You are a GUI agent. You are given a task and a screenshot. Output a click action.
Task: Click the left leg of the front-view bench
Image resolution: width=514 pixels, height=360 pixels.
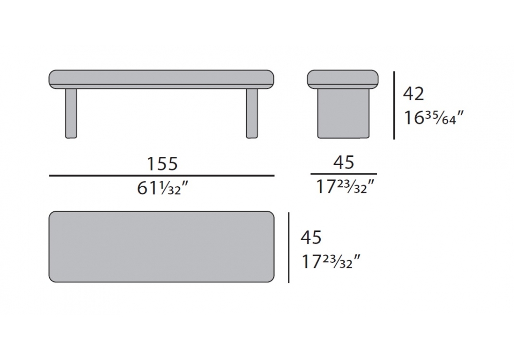coord(71,114)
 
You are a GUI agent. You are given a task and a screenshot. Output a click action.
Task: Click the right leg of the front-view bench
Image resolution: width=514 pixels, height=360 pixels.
coord(252,114)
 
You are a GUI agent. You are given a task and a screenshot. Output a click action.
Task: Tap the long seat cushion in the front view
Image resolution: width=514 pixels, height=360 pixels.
coord(161,79)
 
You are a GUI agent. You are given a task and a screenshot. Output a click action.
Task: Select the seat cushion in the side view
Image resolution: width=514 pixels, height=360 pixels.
coord(343,79)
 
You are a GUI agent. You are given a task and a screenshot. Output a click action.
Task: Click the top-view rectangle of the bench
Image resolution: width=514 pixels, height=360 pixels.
coord(161,246)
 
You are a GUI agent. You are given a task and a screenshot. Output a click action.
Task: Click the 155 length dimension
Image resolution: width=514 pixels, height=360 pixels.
coord(162,163)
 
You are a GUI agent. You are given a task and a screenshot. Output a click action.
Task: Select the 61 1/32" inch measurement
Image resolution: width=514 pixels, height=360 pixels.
coord(162,188)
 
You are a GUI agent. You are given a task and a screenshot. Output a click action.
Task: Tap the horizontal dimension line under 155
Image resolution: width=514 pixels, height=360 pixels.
coord(161,176)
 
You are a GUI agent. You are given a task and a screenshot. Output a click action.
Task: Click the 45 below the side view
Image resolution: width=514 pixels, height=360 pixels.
coord(343,163)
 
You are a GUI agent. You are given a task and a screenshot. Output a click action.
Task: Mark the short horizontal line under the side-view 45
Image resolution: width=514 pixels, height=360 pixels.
coord(343,174)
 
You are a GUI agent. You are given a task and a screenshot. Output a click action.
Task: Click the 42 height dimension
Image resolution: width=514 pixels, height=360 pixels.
coord(414,94)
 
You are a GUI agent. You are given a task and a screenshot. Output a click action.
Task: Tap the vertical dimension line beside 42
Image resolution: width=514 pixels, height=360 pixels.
coord(394,105)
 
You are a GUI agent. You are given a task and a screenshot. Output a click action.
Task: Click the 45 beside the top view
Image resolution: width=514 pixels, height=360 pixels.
coord(311,238)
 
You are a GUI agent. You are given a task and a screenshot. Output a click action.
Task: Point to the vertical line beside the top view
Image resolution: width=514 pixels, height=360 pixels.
coord(289,247)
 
